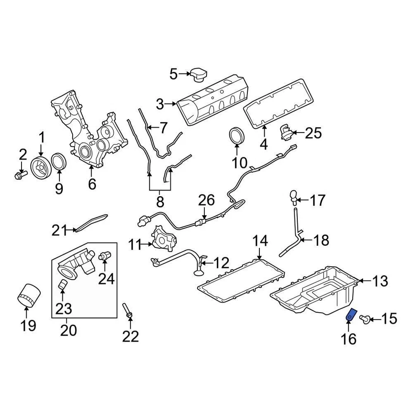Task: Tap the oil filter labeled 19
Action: pyautogui.click(x=29, y=296)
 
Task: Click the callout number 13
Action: pyautogui.click(x=379, y=281)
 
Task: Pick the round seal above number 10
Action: pyautogui.click(x=236, y=134)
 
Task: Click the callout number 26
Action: pyautogui.click(x=206, y=201)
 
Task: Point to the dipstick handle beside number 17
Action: pyautogui.click(x=293, y=197)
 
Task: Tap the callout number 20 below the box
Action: pyautogui.click(x=69, y=330)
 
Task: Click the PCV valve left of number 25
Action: pyautogui.click(x=286, y=131)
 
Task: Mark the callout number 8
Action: pyautogui.click(x=160, y=202)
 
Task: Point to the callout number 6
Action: pyautogui.click(x=92, y=184)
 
